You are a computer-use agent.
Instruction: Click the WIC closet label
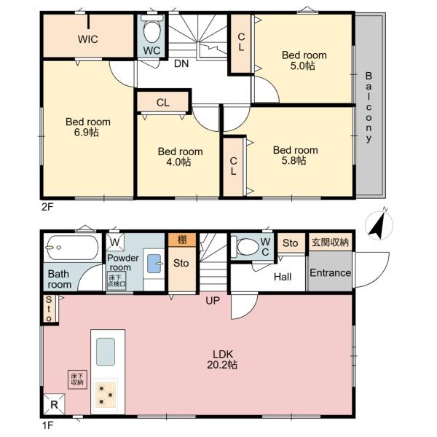tap(88, 39)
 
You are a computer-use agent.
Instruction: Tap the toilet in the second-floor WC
tap(152, 32)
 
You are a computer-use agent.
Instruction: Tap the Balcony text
tap(369, 106)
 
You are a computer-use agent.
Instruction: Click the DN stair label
tap(182, 63)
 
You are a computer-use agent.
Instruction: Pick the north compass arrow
tap(379, 226)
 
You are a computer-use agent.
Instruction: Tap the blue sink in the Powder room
tap(154, 263)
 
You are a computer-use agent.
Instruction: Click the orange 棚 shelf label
tap(181, 240)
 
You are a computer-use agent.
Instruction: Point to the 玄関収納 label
tap(330, 243)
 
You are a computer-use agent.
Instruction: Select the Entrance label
tap(330, 273)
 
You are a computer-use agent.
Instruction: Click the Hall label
tap(283, 277)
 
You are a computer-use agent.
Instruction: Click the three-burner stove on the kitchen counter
tap(106, 394)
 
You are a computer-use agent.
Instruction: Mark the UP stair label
tap(212, 300)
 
